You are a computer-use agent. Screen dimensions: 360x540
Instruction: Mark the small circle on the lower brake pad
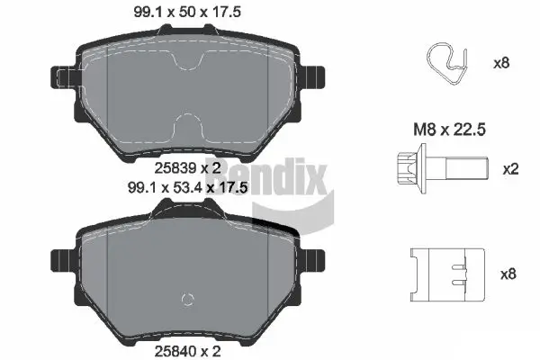click(x=186, y=301)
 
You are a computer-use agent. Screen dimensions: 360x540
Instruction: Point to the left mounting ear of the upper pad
click(x=63, y=75)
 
